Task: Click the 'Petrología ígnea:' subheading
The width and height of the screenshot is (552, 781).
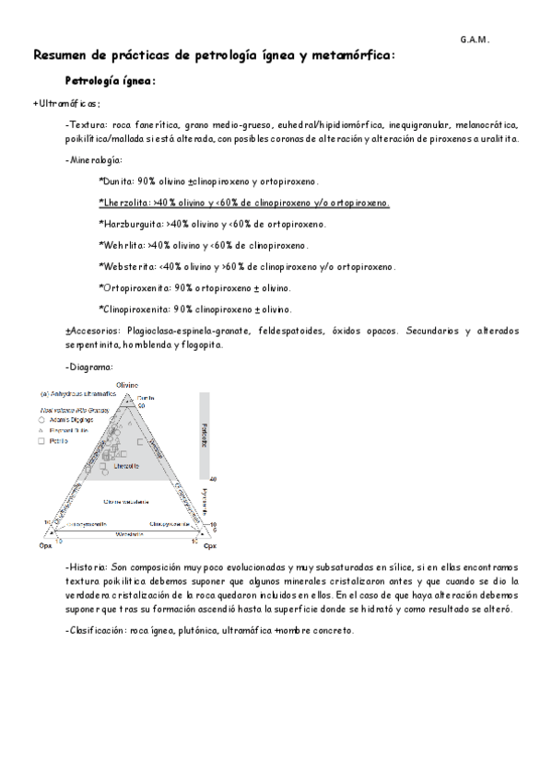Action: coord(110,81)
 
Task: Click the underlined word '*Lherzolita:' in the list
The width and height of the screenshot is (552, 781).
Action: coord(124,203)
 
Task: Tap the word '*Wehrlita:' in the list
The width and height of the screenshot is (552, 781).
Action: coord(121,245)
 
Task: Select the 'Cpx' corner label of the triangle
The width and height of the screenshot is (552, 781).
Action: coord(210,546)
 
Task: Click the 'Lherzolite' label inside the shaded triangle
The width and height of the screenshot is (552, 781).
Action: coord(125,467)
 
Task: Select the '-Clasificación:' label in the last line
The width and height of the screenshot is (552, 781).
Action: coord(96,630)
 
